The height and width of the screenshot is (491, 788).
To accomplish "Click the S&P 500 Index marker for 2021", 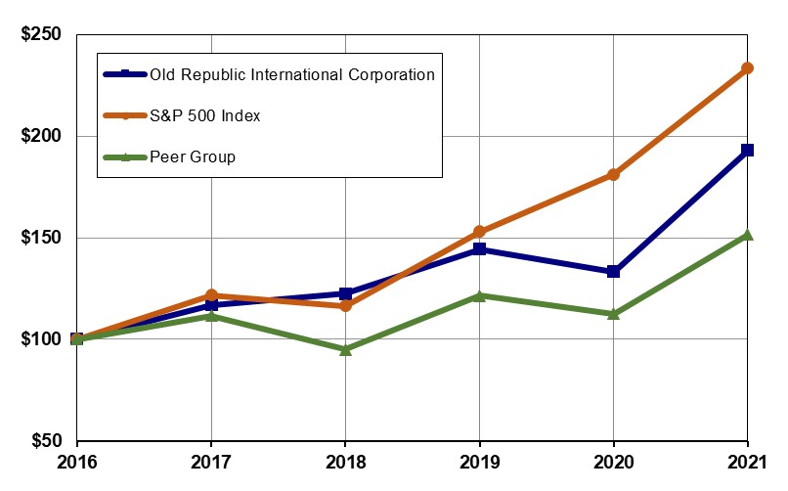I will point(748,67).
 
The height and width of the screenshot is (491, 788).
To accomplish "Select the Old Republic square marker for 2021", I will point(748,150).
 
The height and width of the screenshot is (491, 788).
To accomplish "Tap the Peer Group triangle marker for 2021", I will point(748,235).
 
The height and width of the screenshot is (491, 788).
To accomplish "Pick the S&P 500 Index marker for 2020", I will point(613,174).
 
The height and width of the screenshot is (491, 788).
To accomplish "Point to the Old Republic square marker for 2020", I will point(613,271).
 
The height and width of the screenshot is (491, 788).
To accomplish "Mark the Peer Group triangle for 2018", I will point(345,348).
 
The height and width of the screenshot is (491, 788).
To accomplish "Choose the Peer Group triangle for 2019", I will point(479,294).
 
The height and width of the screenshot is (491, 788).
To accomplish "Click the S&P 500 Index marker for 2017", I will point(211,294).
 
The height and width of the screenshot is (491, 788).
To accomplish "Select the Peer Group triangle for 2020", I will point(613,313).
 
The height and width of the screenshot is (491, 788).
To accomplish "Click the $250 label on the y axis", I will point(41,35).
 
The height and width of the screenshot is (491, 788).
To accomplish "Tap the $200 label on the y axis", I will point(41,136).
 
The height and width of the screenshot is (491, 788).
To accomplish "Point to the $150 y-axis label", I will point(41,238).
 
